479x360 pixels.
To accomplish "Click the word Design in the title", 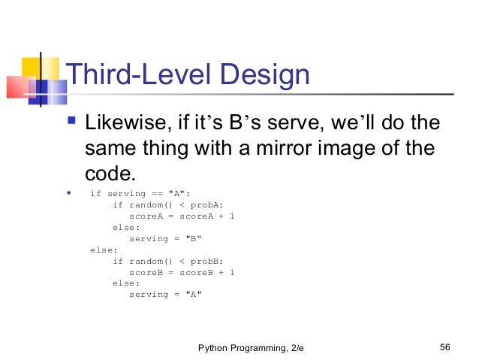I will pos(265,75).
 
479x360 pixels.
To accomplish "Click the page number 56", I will pos(444,347).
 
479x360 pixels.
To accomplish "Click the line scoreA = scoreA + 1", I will pos(182,216).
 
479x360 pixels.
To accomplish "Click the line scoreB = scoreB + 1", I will pos(182,272).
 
